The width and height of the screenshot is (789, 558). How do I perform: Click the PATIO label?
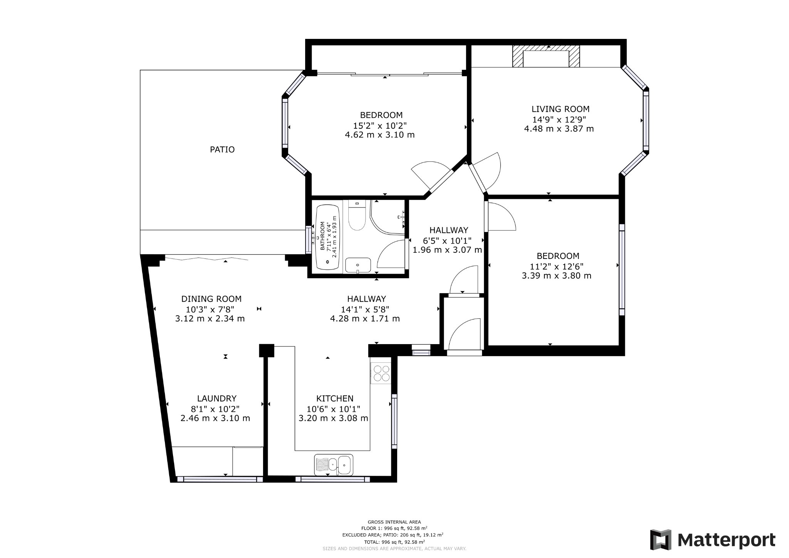point(222,150)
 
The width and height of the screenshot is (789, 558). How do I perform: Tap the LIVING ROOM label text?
point(561,109)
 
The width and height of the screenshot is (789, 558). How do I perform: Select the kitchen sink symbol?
point(334,465)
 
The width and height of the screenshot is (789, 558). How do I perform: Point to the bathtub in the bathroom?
point(327,237)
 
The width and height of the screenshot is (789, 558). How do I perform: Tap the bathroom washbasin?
point(358,265)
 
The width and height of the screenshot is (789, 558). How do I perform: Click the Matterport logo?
point(713,540)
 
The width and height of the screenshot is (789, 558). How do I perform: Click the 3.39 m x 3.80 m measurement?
point(556,276)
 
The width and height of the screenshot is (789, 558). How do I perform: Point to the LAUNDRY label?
point(217,398)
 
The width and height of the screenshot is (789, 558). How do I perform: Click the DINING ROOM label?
point(211,299)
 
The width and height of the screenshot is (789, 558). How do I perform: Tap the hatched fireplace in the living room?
point(546,56)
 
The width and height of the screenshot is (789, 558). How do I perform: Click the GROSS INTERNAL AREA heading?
point(394,522)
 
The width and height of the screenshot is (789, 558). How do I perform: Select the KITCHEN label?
point(334,398)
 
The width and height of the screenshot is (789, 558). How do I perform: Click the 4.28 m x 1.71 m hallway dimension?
point(364,319)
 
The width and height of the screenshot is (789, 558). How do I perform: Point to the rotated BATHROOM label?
point(322,236)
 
